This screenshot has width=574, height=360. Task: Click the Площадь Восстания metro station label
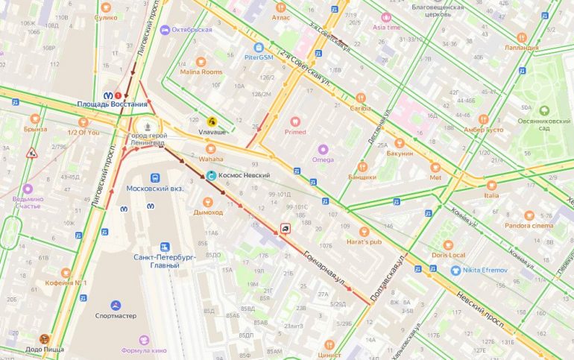[x=113, y=104]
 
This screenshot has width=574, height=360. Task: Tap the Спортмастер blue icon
[x=115, y=305]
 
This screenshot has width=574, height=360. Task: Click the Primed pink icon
[x=294, y=121]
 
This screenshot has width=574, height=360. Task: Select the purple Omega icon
[x=323, y=148]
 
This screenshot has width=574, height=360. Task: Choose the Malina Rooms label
[x=201, y=72]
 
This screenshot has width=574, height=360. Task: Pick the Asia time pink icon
[x=386, y=16]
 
